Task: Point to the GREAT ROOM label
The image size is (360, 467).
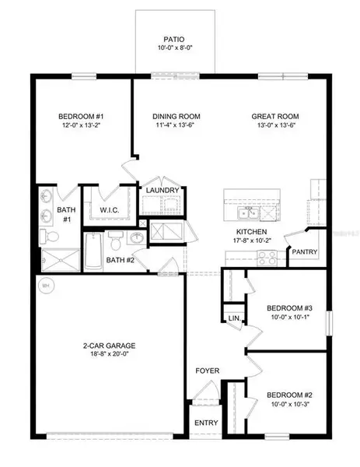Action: pos(275,117)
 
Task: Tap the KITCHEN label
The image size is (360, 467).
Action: pos(253,232)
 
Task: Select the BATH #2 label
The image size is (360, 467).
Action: pos(121,260)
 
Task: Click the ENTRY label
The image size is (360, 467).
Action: pos(208,423)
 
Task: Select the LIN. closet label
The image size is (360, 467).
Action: pos(233,318)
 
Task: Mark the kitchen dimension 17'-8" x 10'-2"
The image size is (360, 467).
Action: pos(253,241)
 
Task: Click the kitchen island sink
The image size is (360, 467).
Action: pos(248,212)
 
